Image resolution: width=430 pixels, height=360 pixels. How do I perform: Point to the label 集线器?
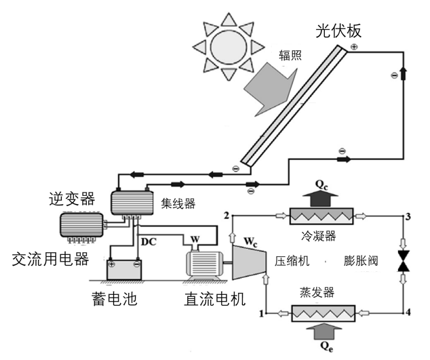[178, 201]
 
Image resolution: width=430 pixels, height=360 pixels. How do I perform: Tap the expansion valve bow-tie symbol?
[406, 261]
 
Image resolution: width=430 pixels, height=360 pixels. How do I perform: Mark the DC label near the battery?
[149, 241]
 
